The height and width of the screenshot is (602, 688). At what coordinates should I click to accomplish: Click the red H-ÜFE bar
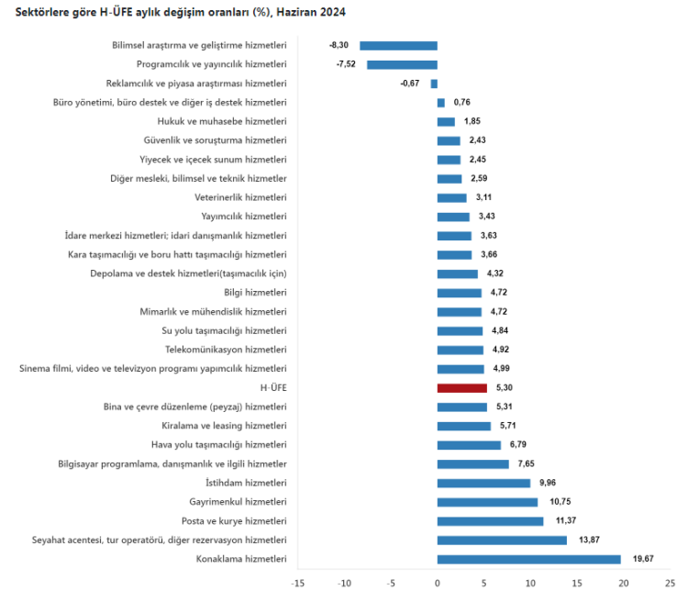click(462, 388)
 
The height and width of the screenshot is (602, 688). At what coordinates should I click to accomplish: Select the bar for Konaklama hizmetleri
click(528, 559)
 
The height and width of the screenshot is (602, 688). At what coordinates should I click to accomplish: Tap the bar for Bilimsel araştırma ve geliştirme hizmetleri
click(398, 45)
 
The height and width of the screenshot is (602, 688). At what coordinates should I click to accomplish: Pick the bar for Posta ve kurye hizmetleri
click(490, 521)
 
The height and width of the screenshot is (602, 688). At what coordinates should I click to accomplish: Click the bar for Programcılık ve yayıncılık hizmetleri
click(402, 64)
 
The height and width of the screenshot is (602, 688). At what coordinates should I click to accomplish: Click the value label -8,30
click(338, 45)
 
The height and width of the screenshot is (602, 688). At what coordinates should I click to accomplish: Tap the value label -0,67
click(410, 84)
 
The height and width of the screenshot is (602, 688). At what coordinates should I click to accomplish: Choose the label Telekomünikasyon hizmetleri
click(226, 350)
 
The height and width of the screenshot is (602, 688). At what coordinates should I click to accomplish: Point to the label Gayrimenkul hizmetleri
click(237, 502)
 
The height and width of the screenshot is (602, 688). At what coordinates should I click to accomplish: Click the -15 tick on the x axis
click(297, 583)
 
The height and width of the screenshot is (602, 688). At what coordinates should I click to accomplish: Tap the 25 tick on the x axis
click(670, 583)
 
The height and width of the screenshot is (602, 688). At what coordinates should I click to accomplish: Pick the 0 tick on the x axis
click(438, 583)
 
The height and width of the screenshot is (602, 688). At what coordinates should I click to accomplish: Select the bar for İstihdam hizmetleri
click(483, 483)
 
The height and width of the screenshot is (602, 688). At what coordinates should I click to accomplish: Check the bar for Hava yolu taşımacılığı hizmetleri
click(469, 445)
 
